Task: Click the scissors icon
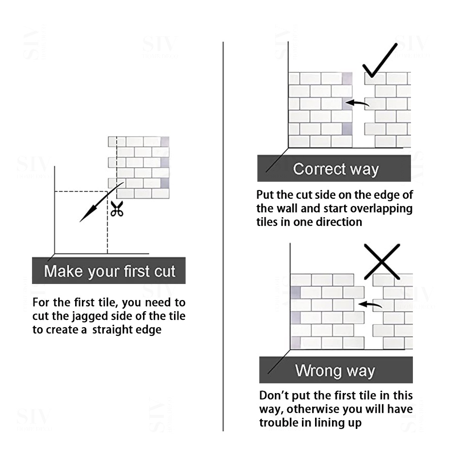point(117,208)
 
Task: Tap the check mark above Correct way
point(379,61)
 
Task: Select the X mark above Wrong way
point(382,262)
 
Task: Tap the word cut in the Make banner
point(165,271)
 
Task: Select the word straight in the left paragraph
point(115,330)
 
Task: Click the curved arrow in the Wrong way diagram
point(370,305)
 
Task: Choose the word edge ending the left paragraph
point(152,330)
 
